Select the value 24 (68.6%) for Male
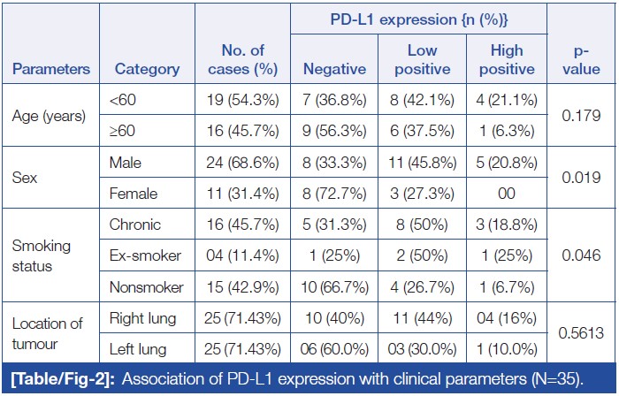(x=243, y=163)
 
